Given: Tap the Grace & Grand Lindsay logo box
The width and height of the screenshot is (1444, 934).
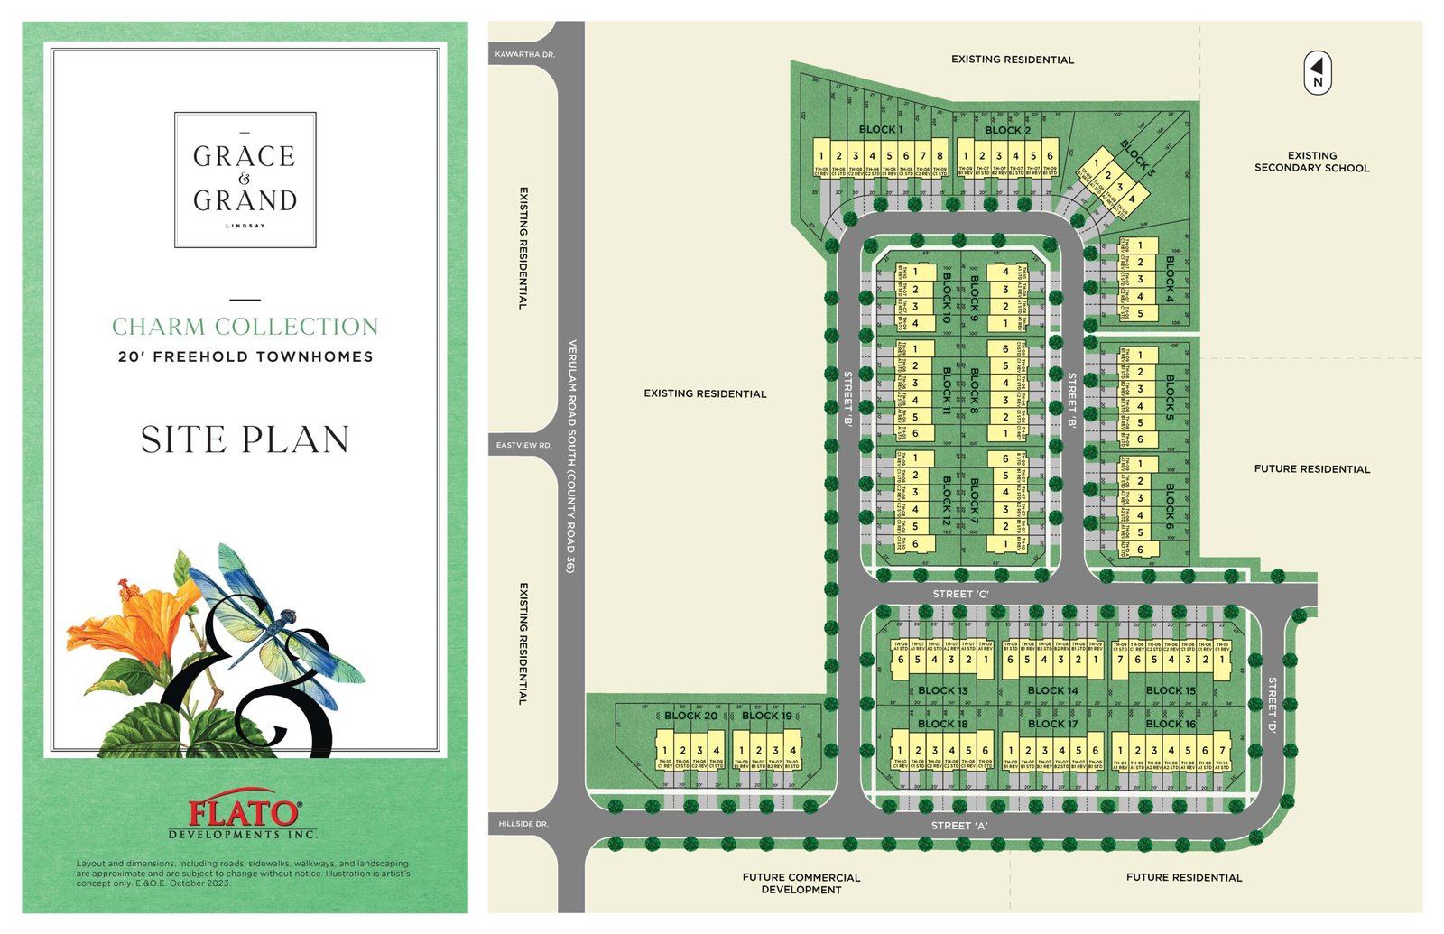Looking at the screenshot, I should click(245, 180).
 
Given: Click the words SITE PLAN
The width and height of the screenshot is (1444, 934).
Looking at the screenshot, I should click(245, 439).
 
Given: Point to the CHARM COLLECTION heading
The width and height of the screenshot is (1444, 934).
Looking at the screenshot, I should click(245, 326).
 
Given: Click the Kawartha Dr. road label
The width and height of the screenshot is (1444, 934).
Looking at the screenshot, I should click(524, 55).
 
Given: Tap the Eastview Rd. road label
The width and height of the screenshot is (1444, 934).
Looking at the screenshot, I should click(523, 445).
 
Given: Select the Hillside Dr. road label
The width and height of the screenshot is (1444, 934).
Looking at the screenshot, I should click(523, 824).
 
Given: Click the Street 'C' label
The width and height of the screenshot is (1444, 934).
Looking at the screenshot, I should click(960, 594).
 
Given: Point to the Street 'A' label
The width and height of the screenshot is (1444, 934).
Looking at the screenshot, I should click(959, 826).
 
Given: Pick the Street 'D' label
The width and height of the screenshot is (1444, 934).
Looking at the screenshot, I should click(1272, 704).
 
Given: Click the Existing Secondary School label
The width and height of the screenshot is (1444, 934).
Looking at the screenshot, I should click(1311, 162).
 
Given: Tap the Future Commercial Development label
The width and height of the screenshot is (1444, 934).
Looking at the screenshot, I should click(801, 883).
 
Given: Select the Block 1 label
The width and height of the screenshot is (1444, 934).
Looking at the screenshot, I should click(880, 130).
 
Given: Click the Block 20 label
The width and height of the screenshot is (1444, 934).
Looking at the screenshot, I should click(690, 716).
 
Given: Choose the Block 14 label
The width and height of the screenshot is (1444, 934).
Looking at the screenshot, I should click(1052, 690).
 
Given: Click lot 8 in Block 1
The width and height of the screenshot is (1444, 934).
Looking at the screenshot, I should click(940, 156).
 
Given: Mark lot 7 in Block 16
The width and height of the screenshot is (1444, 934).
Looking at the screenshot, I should click(1222, 750).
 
